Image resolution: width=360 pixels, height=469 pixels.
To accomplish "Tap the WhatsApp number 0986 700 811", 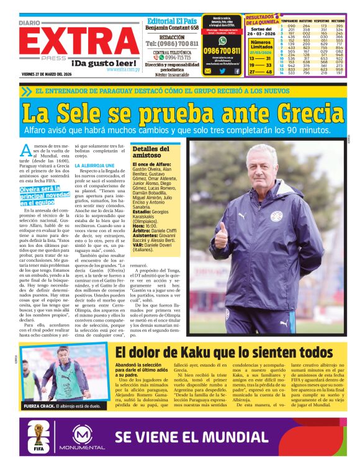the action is coord(222,50).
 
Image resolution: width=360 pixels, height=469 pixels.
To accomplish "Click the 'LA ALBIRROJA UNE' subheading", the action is coord(94,166).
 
